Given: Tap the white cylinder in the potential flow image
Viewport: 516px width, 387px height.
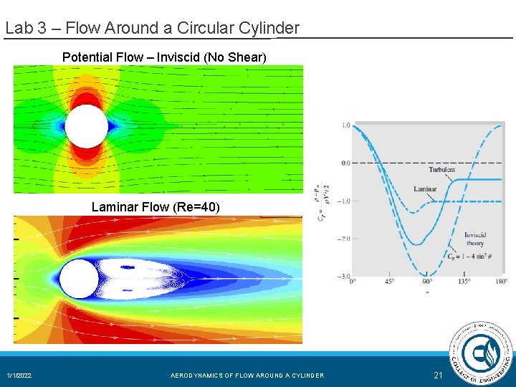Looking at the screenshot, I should coord(87,126).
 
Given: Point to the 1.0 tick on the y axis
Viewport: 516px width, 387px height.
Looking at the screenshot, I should coord(345,125).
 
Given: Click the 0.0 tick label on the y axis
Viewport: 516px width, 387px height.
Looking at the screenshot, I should coord(345,163).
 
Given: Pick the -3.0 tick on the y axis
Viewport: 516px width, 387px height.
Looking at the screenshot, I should coord(344,276).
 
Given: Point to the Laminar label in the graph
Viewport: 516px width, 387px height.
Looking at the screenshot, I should coord(425,189).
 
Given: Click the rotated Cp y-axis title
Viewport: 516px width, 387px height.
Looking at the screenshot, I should coord(320,201).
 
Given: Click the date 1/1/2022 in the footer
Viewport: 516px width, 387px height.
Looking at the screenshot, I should coord(19,376).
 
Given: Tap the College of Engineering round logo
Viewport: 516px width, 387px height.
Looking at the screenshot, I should coord(481,353).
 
